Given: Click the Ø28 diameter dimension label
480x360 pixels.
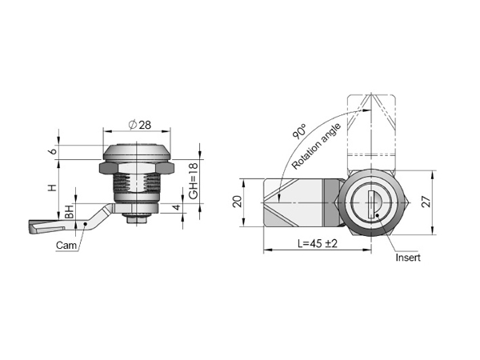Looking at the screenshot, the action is (140, 125).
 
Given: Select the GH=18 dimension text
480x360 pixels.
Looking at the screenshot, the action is (194, 181).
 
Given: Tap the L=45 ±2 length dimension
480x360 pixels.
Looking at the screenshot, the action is (318, 244).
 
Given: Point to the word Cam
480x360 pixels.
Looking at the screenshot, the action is (66, 246).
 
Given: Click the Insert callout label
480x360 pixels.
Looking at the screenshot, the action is (408, 258).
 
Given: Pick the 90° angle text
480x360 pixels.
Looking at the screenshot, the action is (299, 132).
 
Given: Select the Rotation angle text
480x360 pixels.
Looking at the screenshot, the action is (316, 146).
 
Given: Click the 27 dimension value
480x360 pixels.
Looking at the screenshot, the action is (426, 202).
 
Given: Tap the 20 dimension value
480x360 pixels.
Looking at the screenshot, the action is (238, 202).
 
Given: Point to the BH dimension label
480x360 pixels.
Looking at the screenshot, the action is (70, 212).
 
